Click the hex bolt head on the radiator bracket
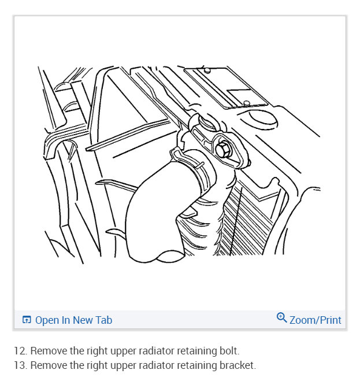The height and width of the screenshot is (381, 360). [224, 149]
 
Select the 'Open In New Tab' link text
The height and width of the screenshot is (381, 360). [73, 320]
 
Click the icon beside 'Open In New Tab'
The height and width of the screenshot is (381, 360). [27, 320]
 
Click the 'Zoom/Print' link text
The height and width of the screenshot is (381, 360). [316, 320]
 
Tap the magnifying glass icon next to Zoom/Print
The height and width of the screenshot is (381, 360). [282, 317]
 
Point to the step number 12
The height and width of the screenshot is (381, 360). [21, 350]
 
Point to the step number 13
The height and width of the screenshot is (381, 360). [21, 365]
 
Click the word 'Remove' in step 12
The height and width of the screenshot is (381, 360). [47, 350]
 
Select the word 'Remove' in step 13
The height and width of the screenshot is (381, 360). [47, 365]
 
